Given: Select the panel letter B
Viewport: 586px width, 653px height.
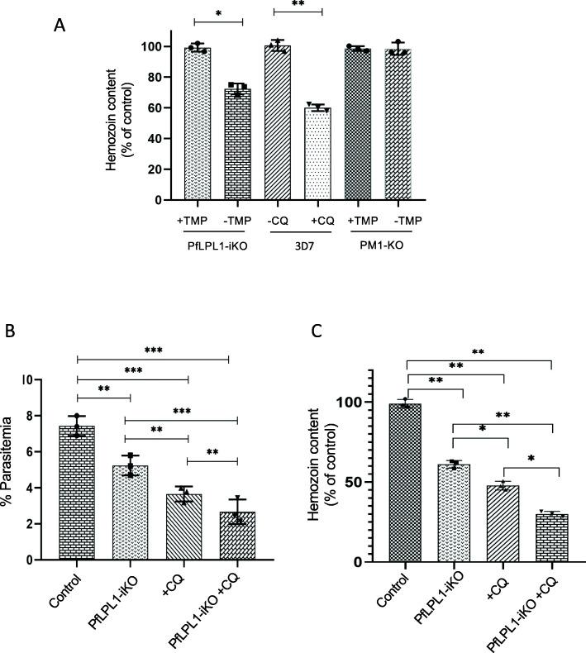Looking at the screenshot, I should [x=12, y=332].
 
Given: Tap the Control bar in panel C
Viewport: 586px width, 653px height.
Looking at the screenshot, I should [x=406, y=483].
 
